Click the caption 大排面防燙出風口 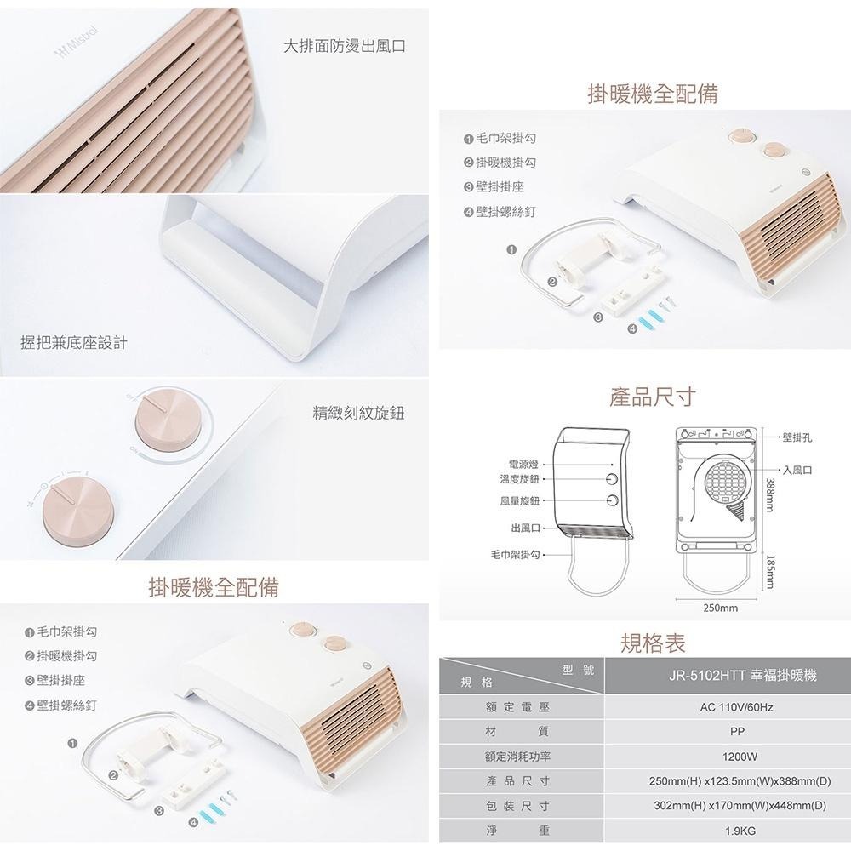point(345,46)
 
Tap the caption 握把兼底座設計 point(74,342)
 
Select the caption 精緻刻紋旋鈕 point(358,414)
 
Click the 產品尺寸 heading point(653,397)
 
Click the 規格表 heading point(653,643)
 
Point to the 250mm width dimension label point(720,608)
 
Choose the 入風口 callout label point(797,470)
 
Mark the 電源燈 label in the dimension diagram point(523,464)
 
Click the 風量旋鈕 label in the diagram point(518,500)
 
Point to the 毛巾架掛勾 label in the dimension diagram point(516,554)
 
